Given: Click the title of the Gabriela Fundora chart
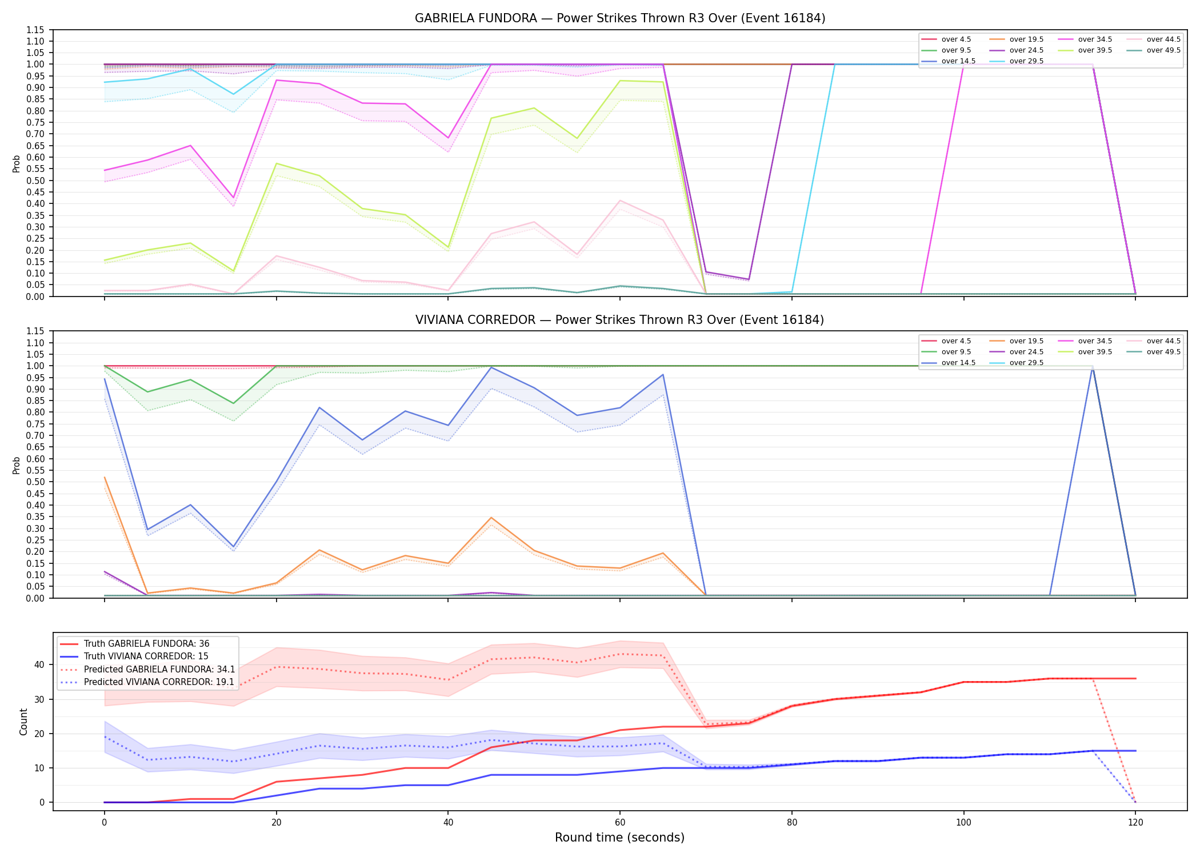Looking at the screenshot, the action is (x=620, y=18).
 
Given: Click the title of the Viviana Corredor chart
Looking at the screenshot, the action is (x=620, y=320).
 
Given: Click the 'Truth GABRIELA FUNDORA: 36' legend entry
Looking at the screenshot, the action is (x=135, y=644).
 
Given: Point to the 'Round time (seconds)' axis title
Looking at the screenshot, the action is (x=619, y=838).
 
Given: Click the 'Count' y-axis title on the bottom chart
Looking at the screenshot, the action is (x=23, y=722).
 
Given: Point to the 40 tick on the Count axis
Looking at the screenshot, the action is (x=39, y=664).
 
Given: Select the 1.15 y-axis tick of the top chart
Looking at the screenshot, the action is (x=35, y=30).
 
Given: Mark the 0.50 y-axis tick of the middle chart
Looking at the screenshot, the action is (x=35, y=482).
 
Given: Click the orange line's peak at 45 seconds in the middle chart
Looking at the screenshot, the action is (x=491, y=518).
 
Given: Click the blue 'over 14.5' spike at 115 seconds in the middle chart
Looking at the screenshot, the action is (x=1093, y=366).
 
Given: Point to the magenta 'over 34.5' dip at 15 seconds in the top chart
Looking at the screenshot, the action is (x=233, y=198).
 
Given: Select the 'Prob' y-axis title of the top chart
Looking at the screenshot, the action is (x=17, y=163).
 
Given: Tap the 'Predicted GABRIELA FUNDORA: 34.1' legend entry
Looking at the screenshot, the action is (x=147, y=670).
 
